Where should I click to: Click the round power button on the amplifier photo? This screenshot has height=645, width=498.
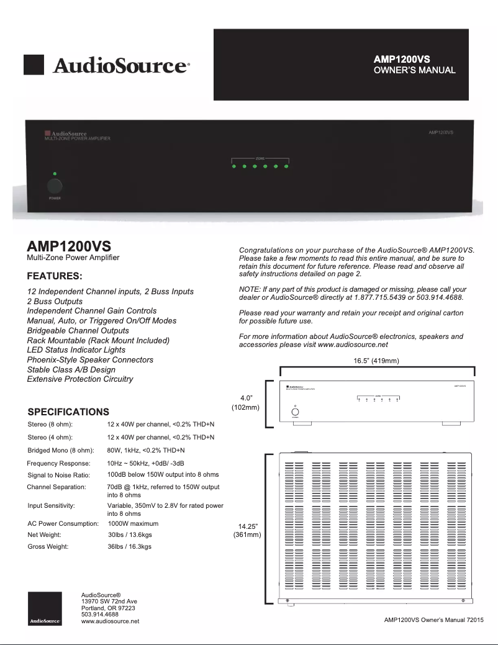pyautogui.click(x=54, y=186)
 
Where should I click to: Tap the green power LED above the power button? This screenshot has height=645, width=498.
pyautogui.click(x=55, y=173)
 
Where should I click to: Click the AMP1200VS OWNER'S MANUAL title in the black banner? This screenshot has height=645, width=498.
pyautogui.click(x=414, y=65)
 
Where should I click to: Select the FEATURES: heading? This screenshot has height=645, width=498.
pyautogui.click(x=55, y=276)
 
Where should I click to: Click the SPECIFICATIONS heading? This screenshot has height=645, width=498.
pyautogui.click(x=68, y=412)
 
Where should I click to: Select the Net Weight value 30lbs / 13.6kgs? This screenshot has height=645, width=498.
pyautogui.click(x=130, y=534)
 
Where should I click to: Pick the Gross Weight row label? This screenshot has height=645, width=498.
pyautogui.click(x=48, y=547)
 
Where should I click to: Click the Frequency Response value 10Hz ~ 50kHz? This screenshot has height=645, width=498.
pyautogui.click(x=145, y=463)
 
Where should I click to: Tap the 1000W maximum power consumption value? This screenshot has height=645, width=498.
pyautogui.click(x=133, y=523)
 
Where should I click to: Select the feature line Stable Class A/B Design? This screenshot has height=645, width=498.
pyautogui.click(x=71, y=369)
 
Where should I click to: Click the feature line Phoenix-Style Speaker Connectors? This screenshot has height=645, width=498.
pyautogui.click(x=90, y=359)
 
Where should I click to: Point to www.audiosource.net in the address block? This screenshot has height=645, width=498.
pyautogui.click(x=110, y=621)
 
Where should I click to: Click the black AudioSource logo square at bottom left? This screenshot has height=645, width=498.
pyautogui.click(x=45, y=608)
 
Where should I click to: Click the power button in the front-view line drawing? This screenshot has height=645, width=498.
pyautogui.click(x=296, y=412)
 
